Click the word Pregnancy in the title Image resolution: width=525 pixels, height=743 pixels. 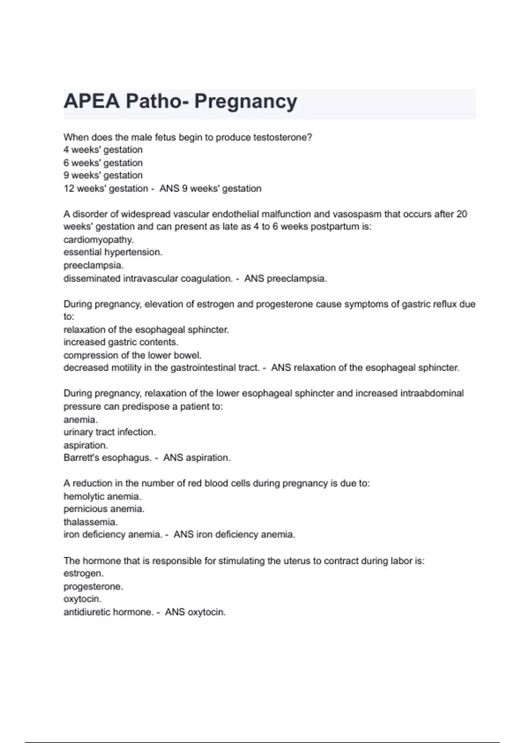[245, 101]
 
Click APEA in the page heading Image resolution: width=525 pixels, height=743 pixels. [91, 101]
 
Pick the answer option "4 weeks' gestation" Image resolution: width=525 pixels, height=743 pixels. [103, 150]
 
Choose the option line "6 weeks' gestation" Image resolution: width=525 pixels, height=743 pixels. [103, 163]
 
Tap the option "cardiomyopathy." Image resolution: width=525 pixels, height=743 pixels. [98, 240]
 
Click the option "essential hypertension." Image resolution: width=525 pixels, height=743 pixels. [113, 252]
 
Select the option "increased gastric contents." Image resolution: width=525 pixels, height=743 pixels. [121, 342]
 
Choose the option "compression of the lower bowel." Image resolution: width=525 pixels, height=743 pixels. [133, 355]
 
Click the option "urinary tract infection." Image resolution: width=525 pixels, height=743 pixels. [109, 432]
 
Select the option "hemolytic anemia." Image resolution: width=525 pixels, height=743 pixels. [102, 496]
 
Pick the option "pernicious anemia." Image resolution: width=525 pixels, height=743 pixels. [104, 509]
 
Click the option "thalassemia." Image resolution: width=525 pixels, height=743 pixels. [91, 522]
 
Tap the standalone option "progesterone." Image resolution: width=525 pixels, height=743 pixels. [93, 587]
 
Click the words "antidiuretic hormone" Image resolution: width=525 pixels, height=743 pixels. [108, 612]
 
